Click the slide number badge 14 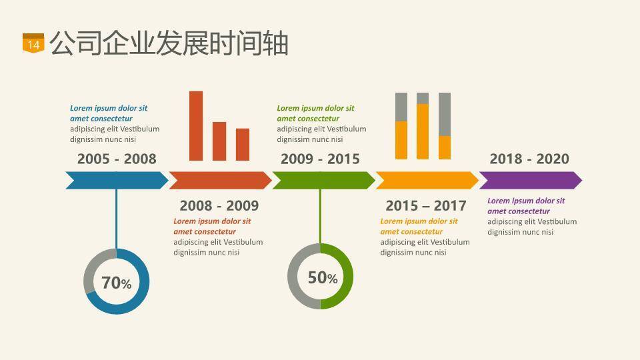(x=33, y=43)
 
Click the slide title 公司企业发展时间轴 (x=169, y=43)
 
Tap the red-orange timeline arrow (x=220, y=180)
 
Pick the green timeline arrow (x=323, y=180)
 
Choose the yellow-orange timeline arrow (x=427, y=180)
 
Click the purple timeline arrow (x=530, y=180)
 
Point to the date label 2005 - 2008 (x=117, y=159)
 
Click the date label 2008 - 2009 (x=219, y=205)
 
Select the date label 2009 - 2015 (x=320, y=159)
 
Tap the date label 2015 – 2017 (x=425, y=205)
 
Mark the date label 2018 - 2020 (x=529, y=159)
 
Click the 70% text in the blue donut (x=117, y=283)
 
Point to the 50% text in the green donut (x=323, y=277)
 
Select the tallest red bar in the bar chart (x=196, y=126)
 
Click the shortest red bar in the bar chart (x=243, y=145)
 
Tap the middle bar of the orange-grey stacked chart (x=423, y=127)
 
